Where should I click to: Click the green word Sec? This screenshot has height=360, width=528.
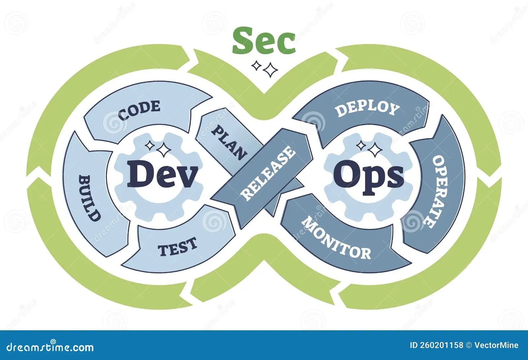pyautogui.click(x=264, y=41)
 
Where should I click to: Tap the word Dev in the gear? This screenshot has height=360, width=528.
pyautogui.click(x=162, y=174)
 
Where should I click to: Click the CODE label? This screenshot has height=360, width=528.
pyautogui.click(x=139, y=110)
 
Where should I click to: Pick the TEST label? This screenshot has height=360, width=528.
pyautogui.click(x=178, y=247)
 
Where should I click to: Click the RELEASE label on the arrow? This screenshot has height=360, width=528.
pyautogui.click(x=268, y=173)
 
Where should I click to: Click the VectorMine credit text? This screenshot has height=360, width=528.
pyautogui.click(x=496, y=345)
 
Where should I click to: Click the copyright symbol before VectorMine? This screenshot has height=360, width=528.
pyautogui.click(x=469, y=345)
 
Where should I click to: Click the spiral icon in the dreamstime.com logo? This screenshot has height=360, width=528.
pyautogui.click(x=52, y=342)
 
